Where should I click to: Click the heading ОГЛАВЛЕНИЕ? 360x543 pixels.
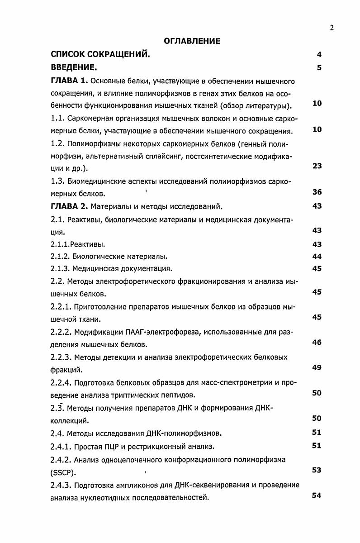[x=192, y=41]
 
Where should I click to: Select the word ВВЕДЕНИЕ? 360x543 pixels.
[x=74, y=68]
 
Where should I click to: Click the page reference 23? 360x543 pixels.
[x=317, y=166]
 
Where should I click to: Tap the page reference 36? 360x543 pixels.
[x=317, y=192]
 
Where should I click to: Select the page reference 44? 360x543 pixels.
[x=317, y=257]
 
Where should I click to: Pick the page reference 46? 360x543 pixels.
[x=317, y=342]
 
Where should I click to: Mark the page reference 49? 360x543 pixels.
[x=317, y=367]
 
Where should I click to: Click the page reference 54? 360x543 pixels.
[x=317, y=495]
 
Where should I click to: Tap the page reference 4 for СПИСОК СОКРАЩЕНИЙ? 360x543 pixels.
[x=319, y=55]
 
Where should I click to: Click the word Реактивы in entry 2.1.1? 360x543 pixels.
[x=90, y=245]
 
